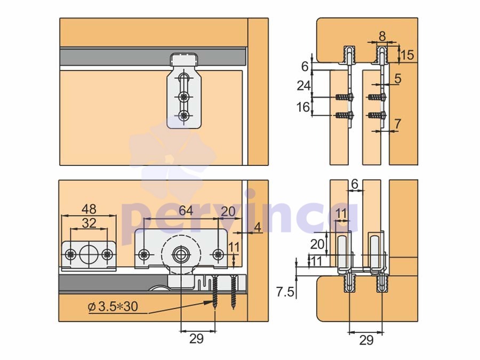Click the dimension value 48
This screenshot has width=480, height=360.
pos(89,209)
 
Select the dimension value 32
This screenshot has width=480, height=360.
pos(89,223)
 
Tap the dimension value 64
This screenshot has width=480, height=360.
pos(186,211)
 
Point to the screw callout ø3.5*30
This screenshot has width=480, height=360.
pos(113,307)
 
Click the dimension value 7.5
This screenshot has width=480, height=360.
pos(285,292)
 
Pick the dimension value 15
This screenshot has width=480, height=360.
pos(407,55)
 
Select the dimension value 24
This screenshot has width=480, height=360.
pos(304,86)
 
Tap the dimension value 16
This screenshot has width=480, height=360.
pos(303,107)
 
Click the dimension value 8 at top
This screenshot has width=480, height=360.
pos(382,36)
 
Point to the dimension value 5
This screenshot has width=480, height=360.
pos(397,78)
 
